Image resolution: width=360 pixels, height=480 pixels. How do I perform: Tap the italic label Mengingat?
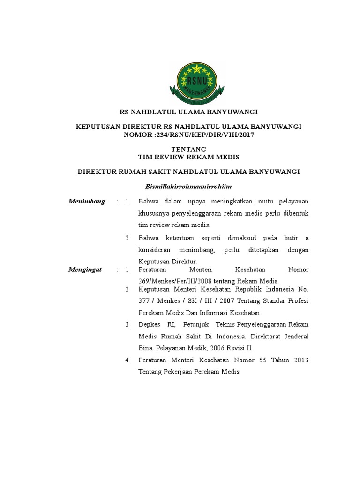pos(85,270)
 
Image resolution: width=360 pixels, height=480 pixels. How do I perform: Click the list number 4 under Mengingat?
pos(127,360)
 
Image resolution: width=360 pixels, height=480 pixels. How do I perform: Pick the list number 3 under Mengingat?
pos(127,324)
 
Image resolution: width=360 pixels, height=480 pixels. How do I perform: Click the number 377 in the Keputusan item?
pos(144,300)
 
